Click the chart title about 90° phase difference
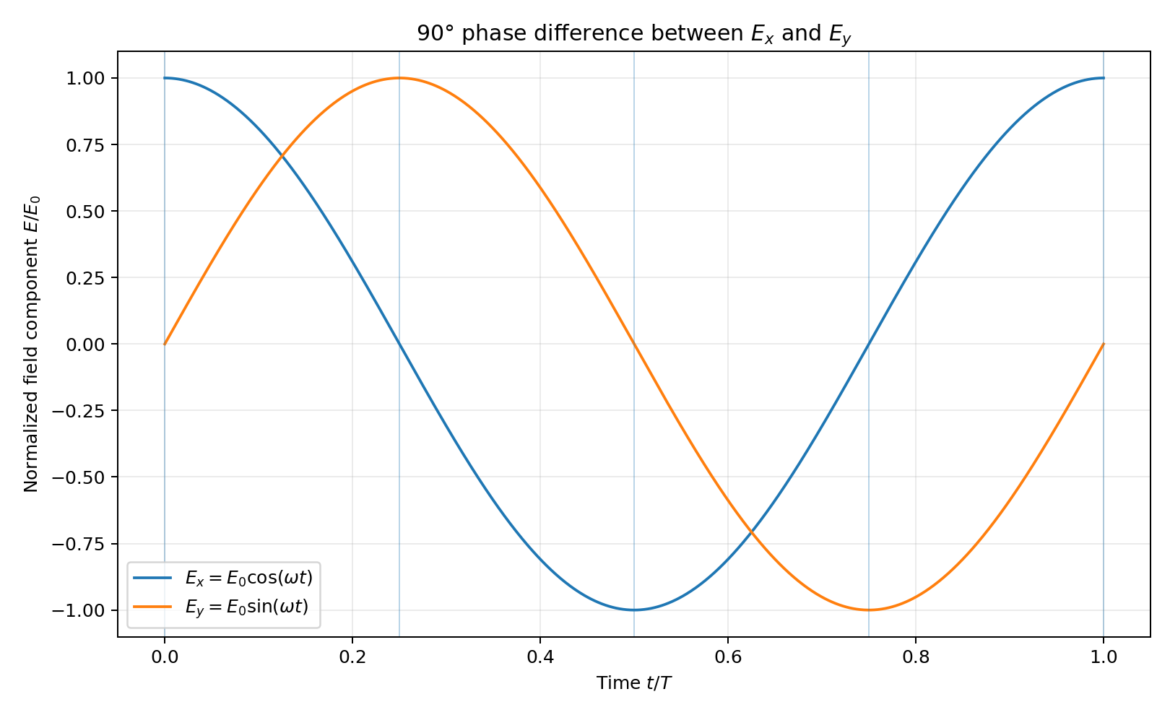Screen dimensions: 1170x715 634,34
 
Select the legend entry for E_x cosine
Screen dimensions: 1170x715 223,578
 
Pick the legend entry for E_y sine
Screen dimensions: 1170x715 221,607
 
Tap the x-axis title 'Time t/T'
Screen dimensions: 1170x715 634,683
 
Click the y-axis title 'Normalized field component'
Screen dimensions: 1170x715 31,344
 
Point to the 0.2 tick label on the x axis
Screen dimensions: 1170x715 352,657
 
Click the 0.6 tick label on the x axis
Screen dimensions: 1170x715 728,657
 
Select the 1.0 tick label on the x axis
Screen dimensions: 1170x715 1104,657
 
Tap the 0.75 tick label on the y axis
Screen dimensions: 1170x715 86,144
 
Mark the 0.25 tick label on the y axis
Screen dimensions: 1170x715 86,278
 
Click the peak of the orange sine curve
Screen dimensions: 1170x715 399,78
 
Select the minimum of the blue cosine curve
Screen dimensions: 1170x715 634,610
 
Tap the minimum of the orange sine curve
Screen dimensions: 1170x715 869,610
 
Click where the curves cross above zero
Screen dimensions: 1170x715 282,156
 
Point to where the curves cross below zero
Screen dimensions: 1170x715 751,532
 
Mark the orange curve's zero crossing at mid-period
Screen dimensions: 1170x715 634,344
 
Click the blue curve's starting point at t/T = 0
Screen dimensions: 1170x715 165,78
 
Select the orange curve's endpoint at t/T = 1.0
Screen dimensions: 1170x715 1104,344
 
